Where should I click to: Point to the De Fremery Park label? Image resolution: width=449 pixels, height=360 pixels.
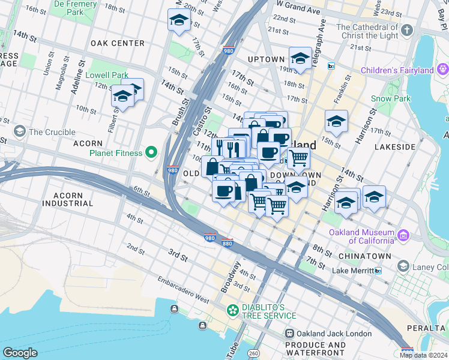click(76, 8)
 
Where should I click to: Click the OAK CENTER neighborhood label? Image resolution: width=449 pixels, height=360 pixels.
click(118, 43)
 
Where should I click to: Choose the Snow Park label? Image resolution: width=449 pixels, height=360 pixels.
click(390, 98)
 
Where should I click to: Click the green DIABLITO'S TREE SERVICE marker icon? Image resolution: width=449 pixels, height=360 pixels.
click(232, 311)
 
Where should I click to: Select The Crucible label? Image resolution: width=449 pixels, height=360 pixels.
click(52, 132)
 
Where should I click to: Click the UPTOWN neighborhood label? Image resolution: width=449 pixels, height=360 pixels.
click(265, 59)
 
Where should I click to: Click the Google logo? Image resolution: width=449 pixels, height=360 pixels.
click(20, 353)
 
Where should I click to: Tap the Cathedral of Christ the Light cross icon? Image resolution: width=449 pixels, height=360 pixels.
click(406, 30)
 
